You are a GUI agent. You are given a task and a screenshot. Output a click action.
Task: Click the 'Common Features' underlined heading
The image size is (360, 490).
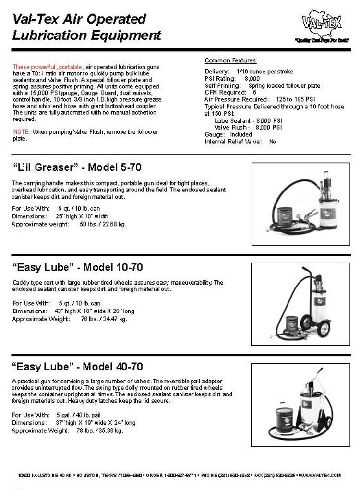[230, 60]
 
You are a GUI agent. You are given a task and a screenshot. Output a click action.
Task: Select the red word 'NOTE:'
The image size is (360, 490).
[22, 132]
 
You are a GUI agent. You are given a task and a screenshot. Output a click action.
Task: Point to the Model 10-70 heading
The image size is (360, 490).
[77, 267]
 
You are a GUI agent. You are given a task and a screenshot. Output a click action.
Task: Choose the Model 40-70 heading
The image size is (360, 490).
[77, 367]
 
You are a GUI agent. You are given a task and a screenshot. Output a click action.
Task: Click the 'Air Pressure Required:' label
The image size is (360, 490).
[233, 99]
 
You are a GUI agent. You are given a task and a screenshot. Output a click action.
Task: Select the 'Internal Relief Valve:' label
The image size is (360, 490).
[233, 142]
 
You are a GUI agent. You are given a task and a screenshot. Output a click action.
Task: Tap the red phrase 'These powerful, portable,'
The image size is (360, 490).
[48, 67]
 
